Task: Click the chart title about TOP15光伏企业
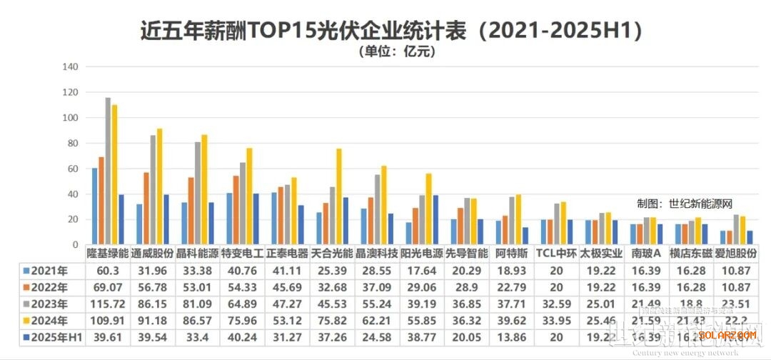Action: pos(385,31)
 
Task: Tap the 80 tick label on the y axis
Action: pos(71,144)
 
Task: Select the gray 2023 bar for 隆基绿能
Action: pos(108,171)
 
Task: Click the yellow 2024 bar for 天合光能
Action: pos(338,196)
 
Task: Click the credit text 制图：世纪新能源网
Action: pos(685,204)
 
